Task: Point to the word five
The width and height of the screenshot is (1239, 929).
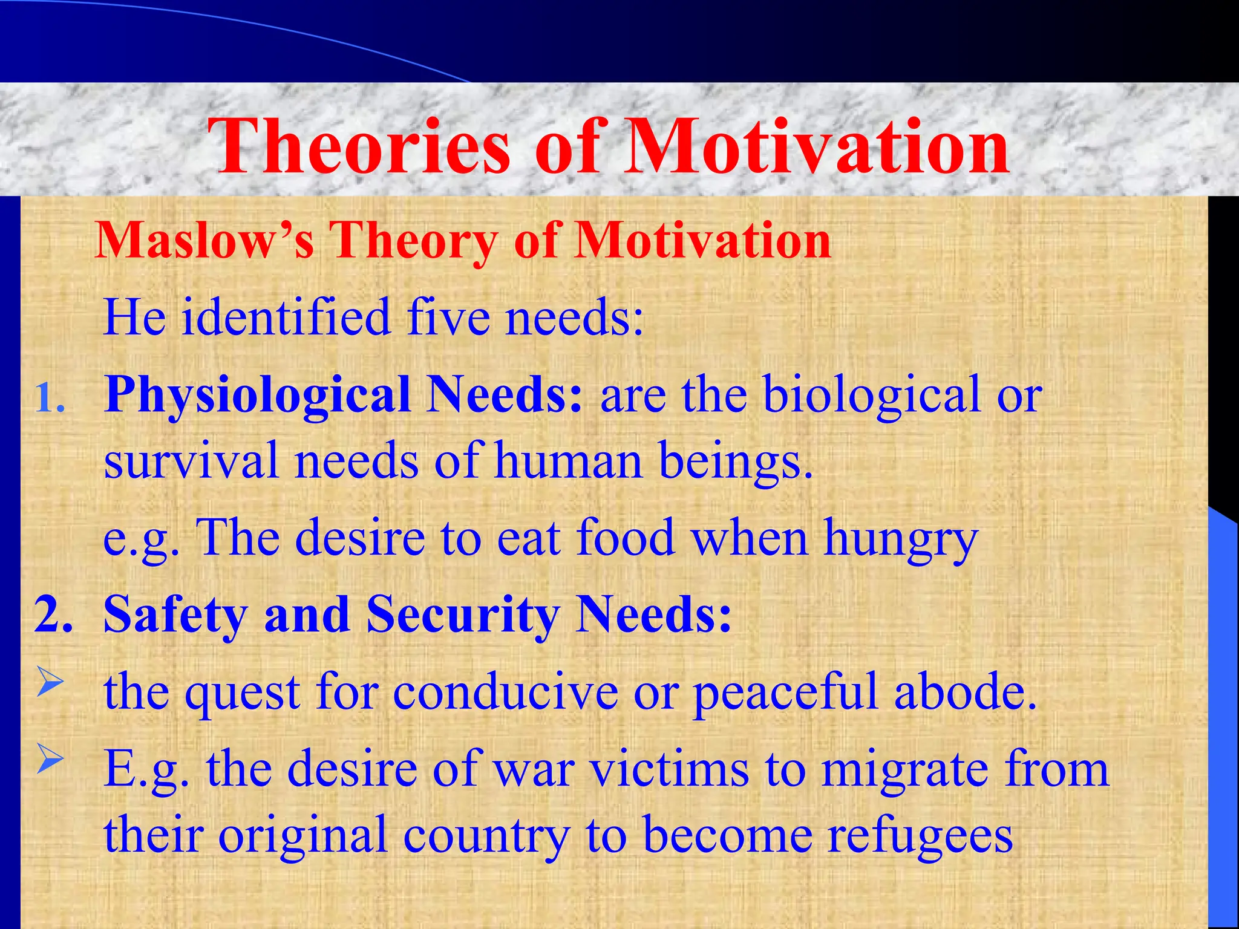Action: (448, 317)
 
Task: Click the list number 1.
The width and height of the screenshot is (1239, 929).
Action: (50, 399)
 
